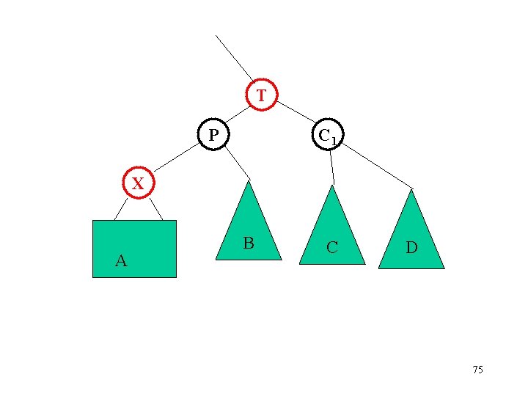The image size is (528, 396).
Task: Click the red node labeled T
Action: coord(262,95)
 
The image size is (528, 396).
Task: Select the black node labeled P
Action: coord(213,134)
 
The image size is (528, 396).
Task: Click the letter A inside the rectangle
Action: coord(121,260)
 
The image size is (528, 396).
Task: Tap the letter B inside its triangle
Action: coord(249,243)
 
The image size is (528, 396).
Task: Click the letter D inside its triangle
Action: coord(412,248)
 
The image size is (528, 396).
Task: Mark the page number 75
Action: coord(477,370)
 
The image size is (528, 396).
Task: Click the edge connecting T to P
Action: coord(235,114)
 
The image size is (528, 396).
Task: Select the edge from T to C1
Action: coord(296,111)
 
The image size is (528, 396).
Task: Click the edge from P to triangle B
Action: coord(237,163)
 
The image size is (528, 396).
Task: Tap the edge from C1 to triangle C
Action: coord(331,167)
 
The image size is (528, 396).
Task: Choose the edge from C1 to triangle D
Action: coord(377,165)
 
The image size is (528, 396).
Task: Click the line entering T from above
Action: coord(234,56)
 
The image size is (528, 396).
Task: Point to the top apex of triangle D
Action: coord(411,191)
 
